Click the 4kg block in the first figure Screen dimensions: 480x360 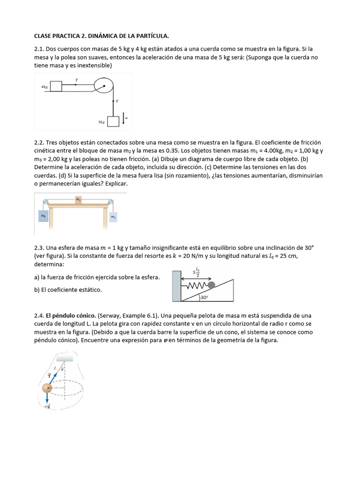[x=56, y=86]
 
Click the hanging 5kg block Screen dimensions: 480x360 [x=113, y=121]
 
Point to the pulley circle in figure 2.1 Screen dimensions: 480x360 [x=104, y=86]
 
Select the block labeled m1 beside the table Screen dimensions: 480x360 [x=43, y=216]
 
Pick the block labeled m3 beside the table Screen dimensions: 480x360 [x=113, y=217]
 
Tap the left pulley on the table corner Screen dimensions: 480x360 [x=45, y=202]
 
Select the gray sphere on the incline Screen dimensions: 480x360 [x=211, y=285]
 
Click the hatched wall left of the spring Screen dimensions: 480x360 [x=176, y=286]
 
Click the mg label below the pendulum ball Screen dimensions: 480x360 [x=47, y=406]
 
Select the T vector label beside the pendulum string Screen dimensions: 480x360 [x=49, y=375]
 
